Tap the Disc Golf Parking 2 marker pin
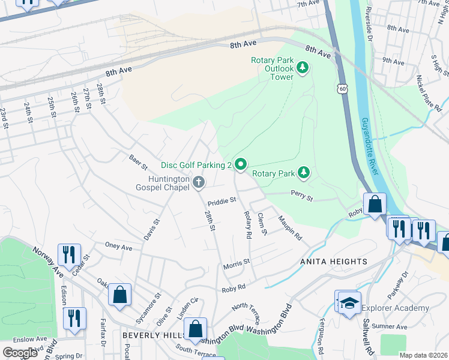click(x=241, y=164)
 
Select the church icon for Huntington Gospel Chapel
click(x=199, y=181)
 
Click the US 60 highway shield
click(x=342, y=89)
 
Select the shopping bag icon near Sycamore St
click(x=120, y=295)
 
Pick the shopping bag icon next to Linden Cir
click(x=195, y=329)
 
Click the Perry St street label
click(x=301, y=195)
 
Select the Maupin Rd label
click(x=289, y=229)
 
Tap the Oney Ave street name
click(x=118, y=247)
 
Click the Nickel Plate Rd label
click(x=430, y=90)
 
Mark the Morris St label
click(x=236, y=263)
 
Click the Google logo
click(x=19, y=353)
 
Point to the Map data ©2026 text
click(x=423, y=355)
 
